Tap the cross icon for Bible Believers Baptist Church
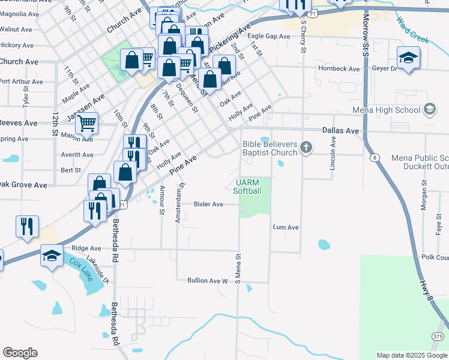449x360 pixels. point(306,148)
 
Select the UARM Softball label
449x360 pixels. point(248,187)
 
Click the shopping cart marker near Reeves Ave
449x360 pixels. point(87,124)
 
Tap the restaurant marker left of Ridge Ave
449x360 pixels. point(27,226)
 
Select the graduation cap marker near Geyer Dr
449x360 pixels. point(408,58)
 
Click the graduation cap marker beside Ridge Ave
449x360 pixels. point(52,256)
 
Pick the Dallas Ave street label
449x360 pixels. point(340,130)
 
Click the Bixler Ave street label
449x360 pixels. point(208,204)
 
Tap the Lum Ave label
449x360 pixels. point(286,227)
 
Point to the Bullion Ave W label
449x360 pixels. point(208,280)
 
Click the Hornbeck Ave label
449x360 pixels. point(340,69)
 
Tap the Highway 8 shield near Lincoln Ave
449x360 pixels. point(375,158)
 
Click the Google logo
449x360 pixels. point(20,353)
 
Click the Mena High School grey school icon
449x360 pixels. point(429,109)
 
